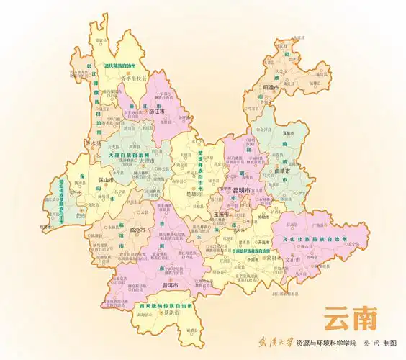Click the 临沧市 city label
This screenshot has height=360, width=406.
[x=135, y=229]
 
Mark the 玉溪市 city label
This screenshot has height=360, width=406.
[x=220, y=215]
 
